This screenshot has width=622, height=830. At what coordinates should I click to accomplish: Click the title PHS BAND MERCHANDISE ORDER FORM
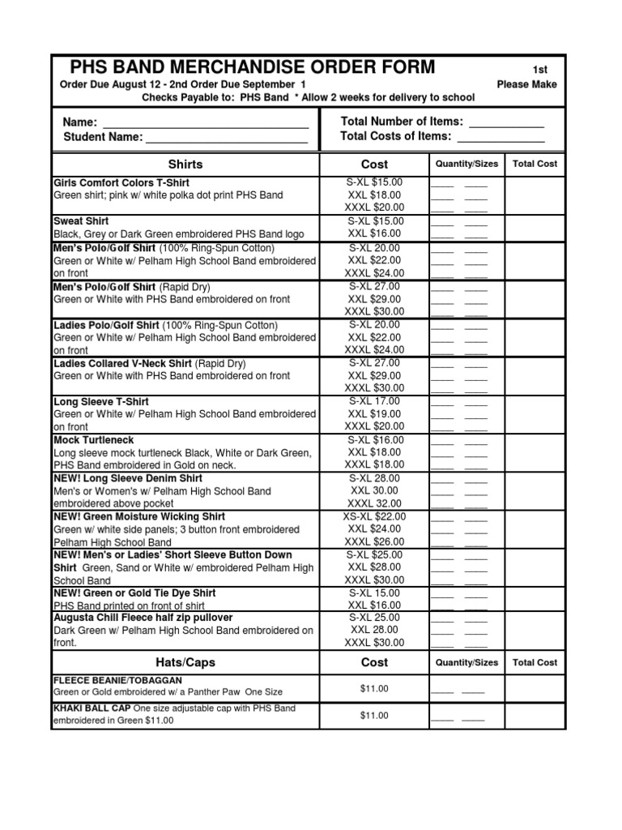(x=252, y=67)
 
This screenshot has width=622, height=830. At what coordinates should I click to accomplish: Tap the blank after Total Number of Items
(x=506, y=123)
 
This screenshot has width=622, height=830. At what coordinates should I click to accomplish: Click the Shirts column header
(x=185, y=164)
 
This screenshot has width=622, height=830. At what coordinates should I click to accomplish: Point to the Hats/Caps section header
(x=185, y=662)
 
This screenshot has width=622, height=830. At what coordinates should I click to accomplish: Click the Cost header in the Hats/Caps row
(x=374, y=662)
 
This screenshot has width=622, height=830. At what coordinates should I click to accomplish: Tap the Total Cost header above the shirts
(x=535, y=164)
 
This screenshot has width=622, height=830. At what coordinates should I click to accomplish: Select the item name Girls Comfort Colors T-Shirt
(x=121, y=183)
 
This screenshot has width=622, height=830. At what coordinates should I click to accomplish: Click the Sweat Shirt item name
(x=81, y=221)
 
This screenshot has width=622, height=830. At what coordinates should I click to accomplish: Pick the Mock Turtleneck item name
(x=92, y=440)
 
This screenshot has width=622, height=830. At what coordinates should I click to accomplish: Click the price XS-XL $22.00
(x=374, y=516)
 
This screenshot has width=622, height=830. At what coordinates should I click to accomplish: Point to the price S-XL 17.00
(x=374, y=401)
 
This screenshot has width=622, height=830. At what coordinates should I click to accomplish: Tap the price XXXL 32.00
(x=374, y=503)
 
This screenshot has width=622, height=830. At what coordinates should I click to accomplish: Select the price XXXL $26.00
(x=374, y=541)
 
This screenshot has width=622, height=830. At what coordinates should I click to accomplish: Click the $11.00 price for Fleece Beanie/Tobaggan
(x=374, y=689)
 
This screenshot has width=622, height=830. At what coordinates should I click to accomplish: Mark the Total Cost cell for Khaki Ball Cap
(x=535, y=715)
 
